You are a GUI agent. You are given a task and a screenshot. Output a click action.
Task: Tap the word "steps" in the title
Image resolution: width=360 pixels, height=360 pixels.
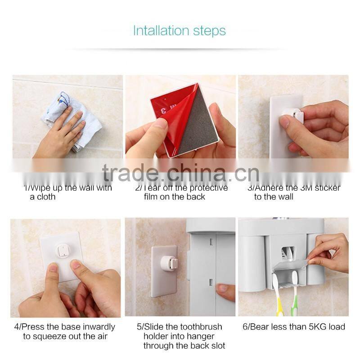[208, 31]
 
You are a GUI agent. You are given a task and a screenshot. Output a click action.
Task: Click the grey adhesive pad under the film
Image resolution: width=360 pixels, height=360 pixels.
[196, 121]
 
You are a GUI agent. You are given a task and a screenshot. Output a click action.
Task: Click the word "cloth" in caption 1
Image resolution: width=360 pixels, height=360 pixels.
[46, 197]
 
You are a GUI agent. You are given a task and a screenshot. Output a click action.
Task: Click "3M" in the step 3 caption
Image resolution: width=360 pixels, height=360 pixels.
[300, 188]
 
